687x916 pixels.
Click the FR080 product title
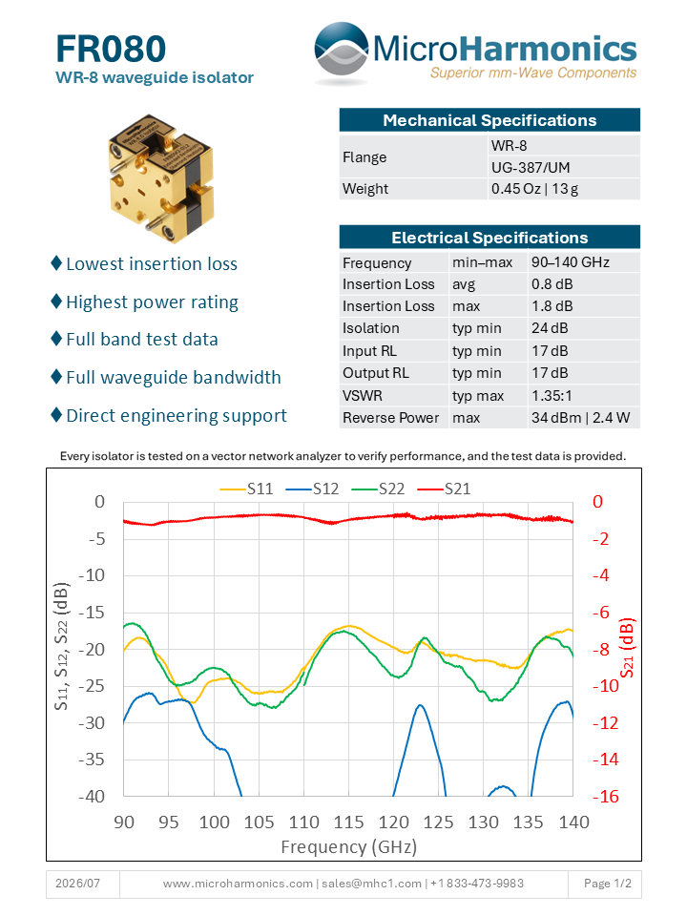[x=111, y=49]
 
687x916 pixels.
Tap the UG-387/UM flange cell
[x=531, y=168]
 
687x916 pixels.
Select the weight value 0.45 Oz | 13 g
[x=534, y=189]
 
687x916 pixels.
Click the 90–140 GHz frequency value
[x=571, y=262]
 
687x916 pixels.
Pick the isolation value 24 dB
[x=550, y=328]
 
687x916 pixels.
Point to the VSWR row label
[x=363, y=395]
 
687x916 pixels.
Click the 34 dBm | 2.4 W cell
[x=580, y=418]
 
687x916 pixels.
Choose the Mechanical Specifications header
[x=489, y=120]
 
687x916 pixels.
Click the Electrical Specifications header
[x=489, y=238]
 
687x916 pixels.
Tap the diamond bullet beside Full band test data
[x=56, y=338]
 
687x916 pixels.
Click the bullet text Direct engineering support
[x=177, y=416]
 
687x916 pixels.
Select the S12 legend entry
[x=312, y=489]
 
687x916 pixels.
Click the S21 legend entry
[x=444, y=489]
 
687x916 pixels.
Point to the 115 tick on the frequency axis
[x=349, y=822]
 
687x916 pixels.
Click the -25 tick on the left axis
[x=92, y=686]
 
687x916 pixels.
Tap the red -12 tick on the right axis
[x=606, y=723]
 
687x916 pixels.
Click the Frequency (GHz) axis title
[x=349, y=846]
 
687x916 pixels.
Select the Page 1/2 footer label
[x=608, y=884]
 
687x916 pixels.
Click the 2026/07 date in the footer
[x=77, y=884]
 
